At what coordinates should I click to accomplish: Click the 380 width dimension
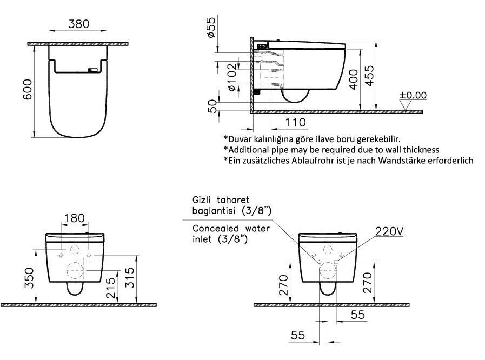point(78,24)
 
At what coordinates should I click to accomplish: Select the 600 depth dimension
point(28,89)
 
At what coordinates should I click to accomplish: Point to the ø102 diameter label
point(232,77)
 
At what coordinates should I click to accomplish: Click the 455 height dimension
point(369,76)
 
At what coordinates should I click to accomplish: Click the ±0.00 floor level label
point(413,95)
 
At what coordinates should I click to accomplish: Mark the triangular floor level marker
point(405,105)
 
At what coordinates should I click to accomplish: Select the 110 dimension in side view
point(295,123)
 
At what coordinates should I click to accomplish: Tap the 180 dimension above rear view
point(74,218)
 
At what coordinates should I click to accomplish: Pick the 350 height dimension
point(29,278)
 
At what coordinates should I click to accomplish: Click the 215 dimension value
point(110,288)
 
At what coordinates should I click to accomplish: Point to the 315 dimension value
point(130,277)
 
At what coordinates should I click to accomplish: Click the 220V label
point(389,231)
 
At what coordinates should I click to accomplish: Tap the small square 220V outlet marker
point(336,262)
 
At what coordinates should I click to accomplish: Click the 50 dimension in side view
point(213,106)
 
